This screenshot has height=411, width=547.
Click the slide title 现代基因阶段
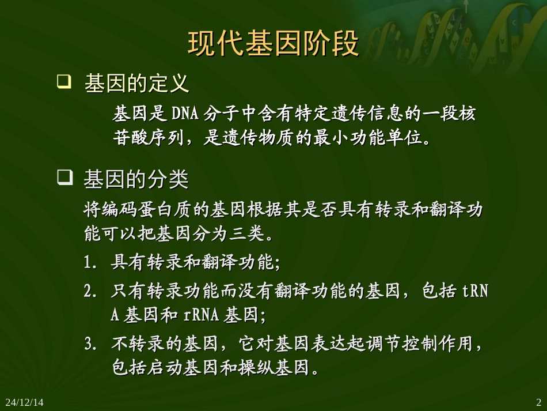click(273, 44)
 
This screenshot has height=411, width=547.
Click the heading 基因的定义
click(136, 84)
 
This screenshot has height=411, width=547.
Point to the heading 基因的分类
click(136, 180)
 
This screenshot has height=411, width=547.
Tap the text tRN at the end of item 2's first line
click(476, 292)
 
